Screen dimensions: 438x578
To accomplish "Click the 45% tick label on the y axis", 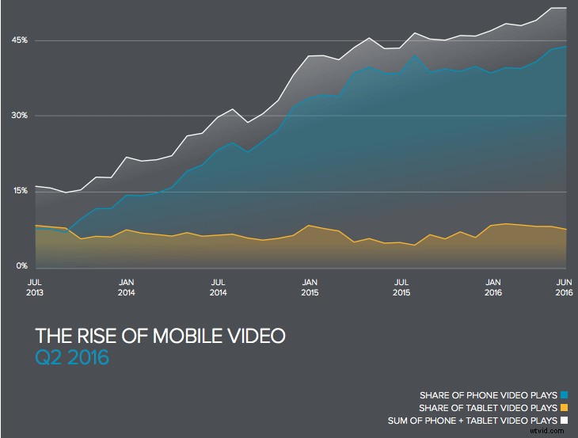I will (20, 40).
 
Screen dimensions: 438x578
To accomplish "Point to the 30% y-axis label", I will (20, 116).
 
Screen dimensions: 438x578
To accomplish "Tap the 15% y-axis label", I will (20, 191).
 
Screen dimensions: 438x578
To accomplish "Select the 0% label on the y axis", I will (22, 266).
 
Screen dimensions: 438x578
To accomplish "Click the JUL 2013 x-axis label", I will (35, 287).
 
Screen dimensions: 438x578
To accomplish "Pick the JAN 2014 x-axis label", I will (127, 287).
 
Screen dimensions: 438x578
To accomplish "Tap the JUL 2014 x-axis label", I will (219, 287).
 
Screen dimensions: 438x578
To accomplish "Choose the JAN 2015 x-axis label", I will (310, 287).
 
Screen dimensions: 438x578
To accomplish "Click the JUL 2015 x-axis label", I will (402, 287).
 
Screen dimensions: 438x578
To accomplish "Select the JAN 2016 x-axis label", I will (493, 287).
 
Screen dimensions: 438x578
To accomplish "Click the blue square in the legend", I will (565, 394).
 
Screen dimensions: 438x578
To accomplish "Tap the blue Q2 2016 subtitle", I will (72, 358).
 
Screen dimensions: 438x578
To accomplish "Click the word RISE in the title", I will (93, 337).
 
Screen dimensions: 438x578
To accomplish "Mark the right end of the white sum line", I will (565, 8).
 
